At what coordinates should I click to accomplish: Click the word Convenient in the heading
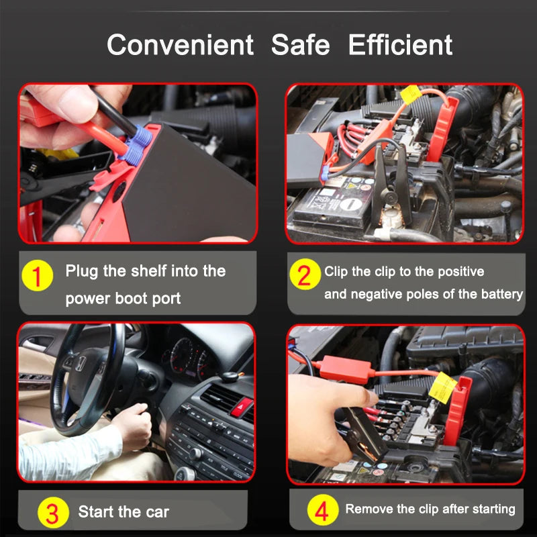click(x=181, y=45)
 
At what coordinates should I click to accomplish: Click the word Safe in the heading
click(x=301, y=45)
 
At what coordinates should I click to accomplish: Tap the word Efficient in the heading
click(x=400, y=45)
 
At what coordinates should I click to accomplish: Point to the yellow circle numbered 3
click(x=52, y=514)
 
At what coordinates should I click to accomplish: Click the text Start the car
click(x=124, y=512)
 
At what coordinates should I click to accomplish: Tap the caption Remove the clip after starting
click(x=430, y=509)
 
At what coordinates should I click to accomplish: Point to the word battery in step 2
click(x=501, y=294)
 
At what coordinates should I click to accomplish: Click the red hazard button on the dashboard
click(x=242, y=405)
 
